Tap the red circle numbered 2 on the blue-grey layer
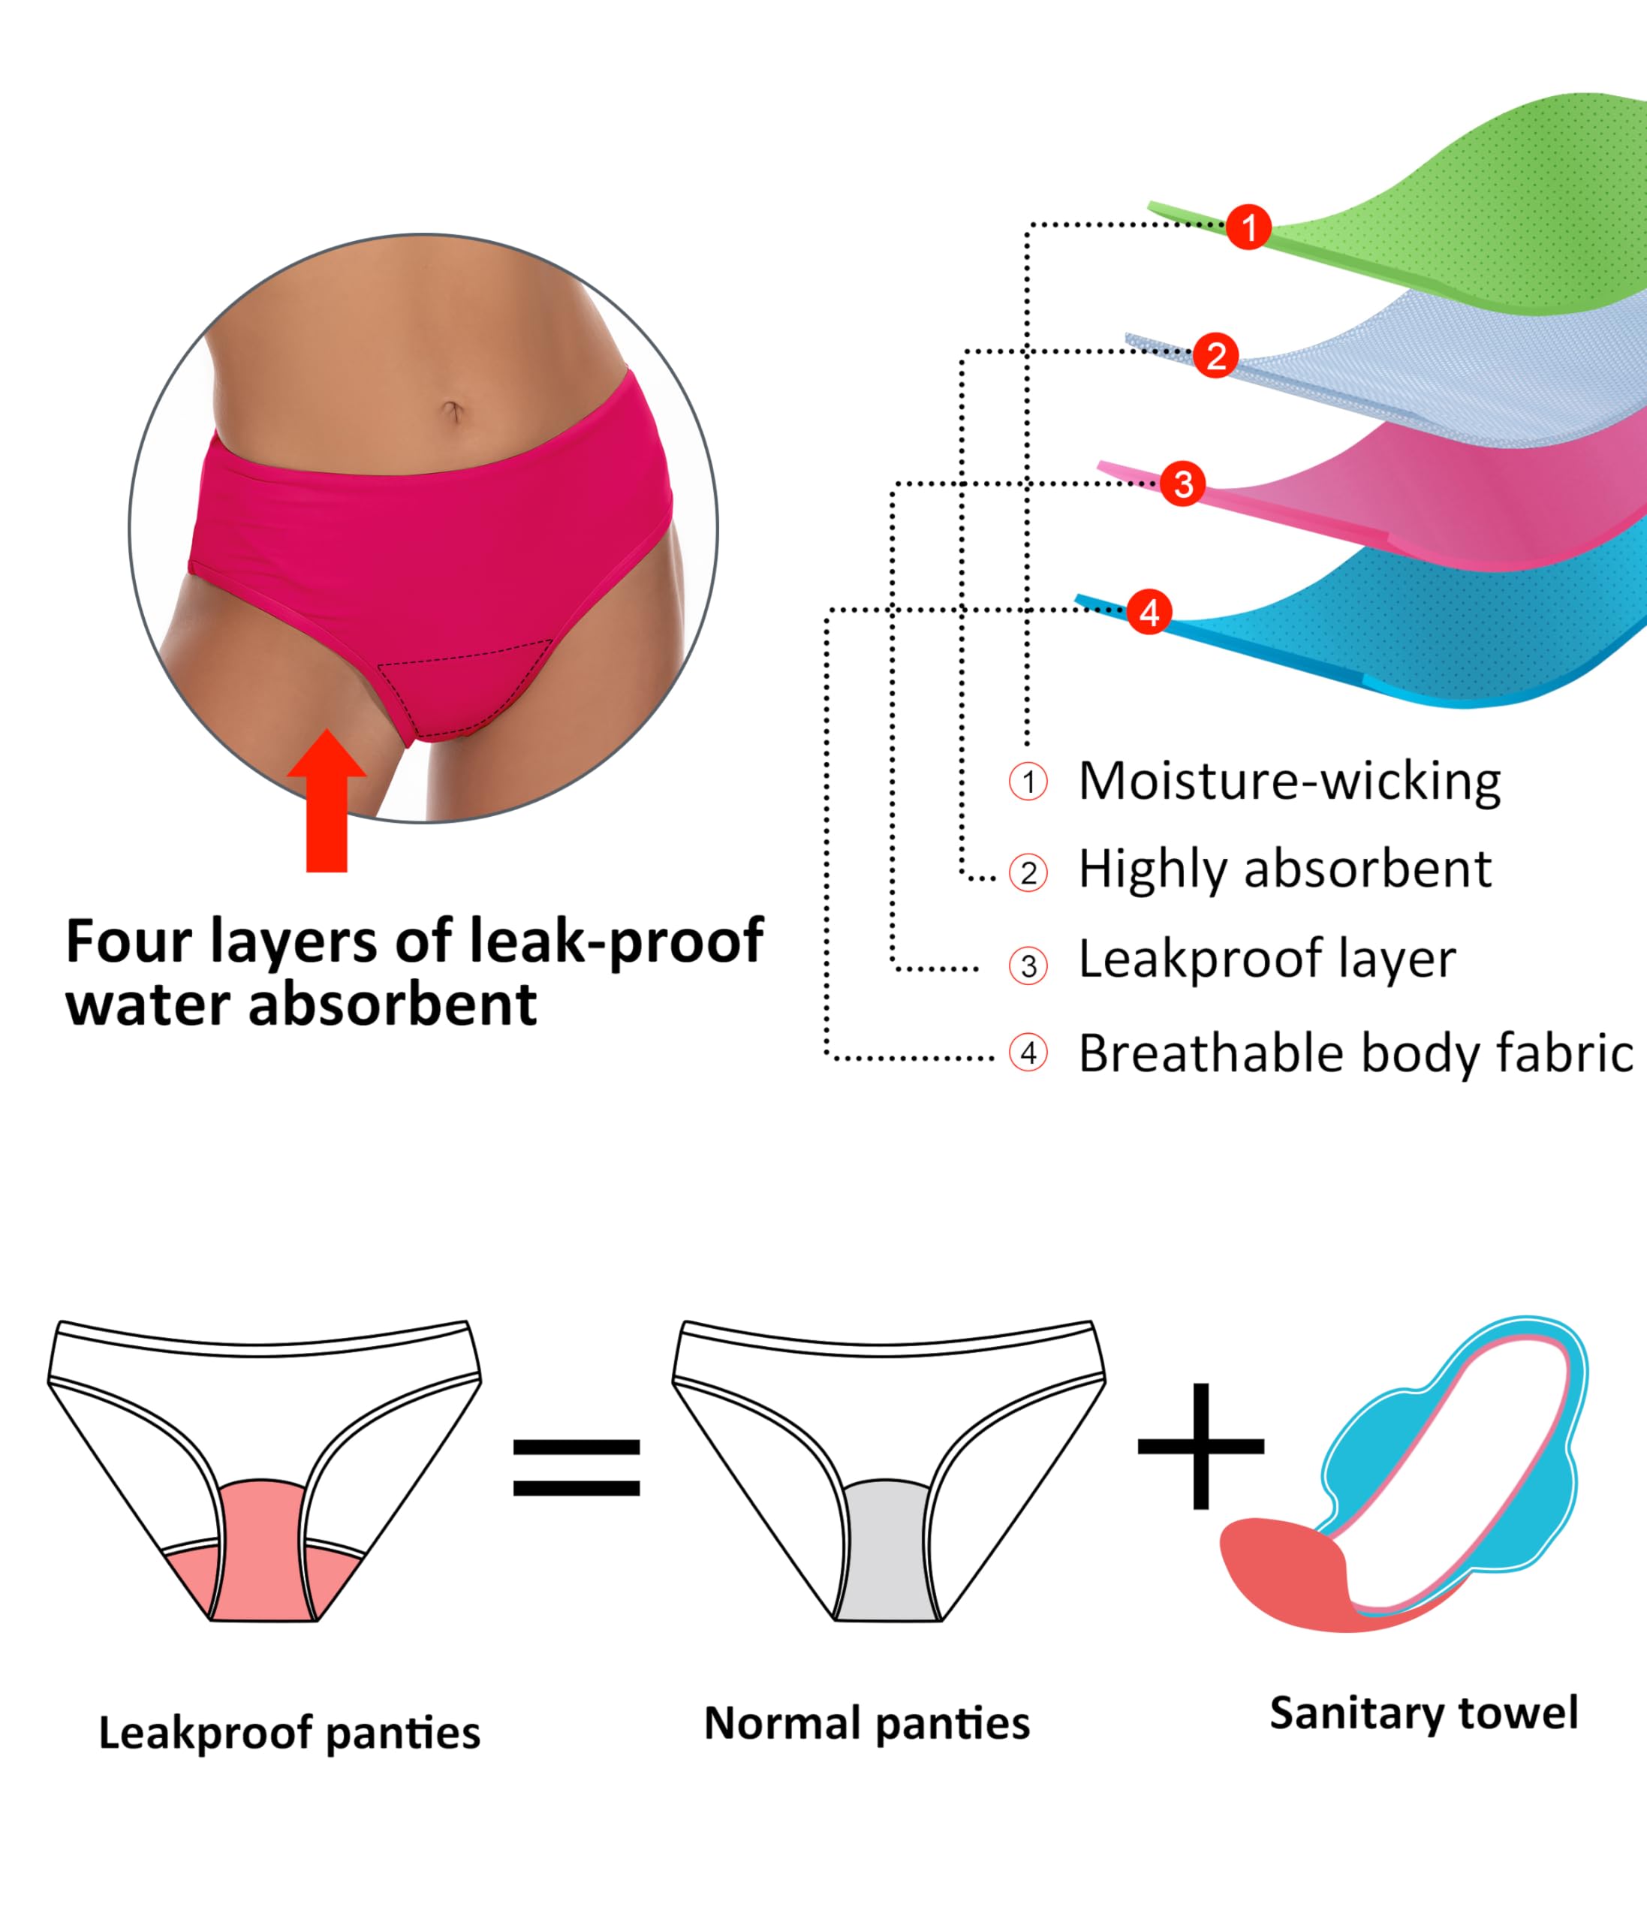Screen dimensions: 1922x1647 [1216, 355]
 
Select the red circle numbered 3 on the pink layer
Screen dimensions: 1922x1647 [1182, 484]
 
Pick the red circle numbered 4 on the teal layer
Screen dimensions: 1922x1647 [1149, 612]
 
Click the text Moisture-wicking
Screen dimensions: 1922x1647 [1289, 781]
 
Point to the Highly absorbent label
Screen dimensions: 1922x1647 [1284, 870]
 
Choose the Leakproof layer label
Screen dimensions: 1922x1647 [1267, 959]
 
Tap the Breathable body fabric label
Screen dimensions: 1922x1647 [1355, 1054]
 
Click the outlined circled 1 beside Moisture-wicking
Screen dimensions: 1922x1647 [1028, 782]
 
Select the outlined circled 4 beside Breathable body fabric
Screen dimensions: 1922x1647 [1028, 1053]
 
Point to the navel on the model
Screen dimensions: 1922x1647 [453, 410]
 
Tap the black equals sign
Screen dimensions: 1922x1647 [576, 1468]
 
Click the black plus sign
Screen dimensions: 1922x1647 [1201, 1446]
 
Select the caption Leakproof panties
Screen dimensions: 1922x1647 [289, 1733]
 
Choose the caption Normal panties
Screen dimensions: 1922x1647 [866, 1724]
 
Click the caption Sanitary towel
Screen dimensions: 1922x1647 [1423, 1713]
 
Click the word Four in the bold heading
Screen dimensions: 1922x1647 [128, 941]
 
